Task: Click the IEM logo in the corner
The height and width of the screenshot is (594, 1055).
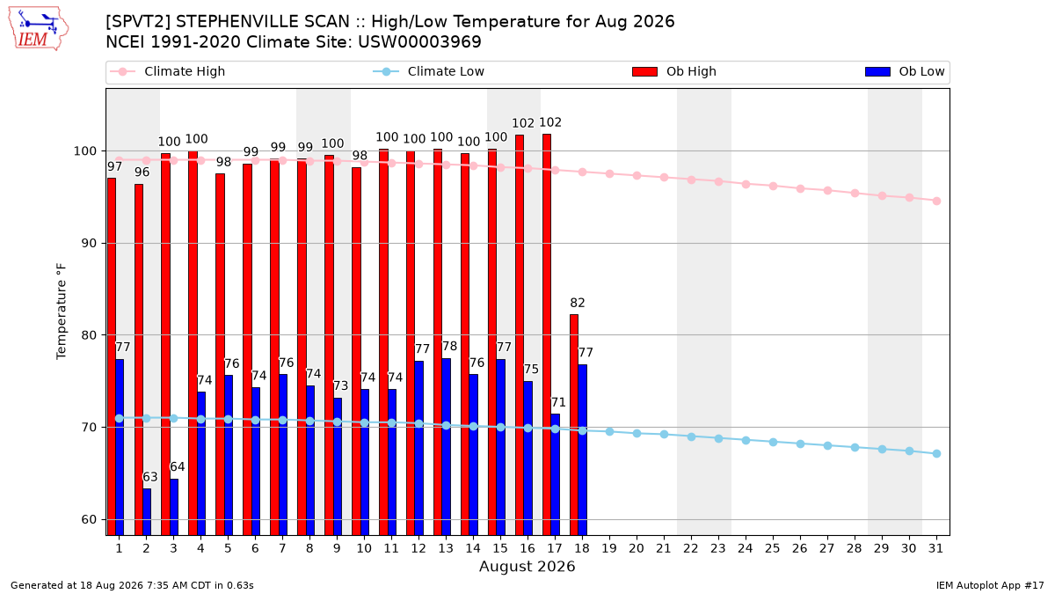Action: (38, 29)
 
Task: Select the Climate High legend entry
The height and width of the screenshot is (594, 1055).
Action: (167, 71)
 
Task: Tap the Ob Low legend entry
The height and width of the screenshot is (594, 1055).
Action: (905, 71)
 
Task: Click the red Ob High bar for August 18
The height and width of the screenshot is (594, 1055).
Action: (573, 425)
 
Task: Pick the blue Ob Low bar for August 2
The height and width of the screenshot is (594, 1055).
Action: (147, 512)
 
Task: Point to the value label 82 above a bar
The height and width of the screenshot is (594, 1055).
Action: (578, 303)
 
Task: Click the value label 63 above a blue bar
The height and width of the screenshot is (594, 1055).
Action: (149, 477)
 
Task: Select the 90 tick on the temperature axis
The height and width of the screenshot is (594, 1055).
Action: (89, 243)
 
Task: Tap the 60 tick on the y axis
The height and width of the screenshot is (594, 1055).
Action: (89, 519)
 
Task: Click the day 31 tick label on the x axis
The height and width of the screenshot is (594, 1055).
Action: (935, 549)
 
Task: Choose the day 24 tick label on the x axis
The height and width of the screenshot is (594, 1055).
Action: (746, 549)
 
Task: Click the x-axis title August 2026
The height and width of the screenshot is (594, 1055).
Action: (527, 566)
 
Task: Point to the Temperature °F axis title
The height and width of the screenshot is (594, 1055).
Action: (62, 312)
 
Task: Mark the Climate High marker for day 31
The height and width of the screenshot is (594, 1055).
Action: (937, 201)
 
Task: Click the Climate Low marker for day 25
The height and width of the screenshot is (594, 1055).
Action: (773, 442)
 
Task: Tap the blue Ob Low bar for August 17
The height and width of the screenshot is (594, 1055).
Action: (556, 474)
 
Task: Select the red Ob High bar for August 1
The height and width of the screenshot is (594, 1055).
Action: (112, 356)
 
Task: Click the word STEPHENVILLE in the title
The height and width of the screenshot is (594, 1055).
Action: (256, 22)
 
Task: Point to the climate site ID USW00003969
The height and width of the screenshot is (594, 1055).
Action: (419, 42)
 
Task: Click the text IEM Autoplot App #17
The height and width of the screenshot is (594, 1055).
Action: (990, 585)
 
